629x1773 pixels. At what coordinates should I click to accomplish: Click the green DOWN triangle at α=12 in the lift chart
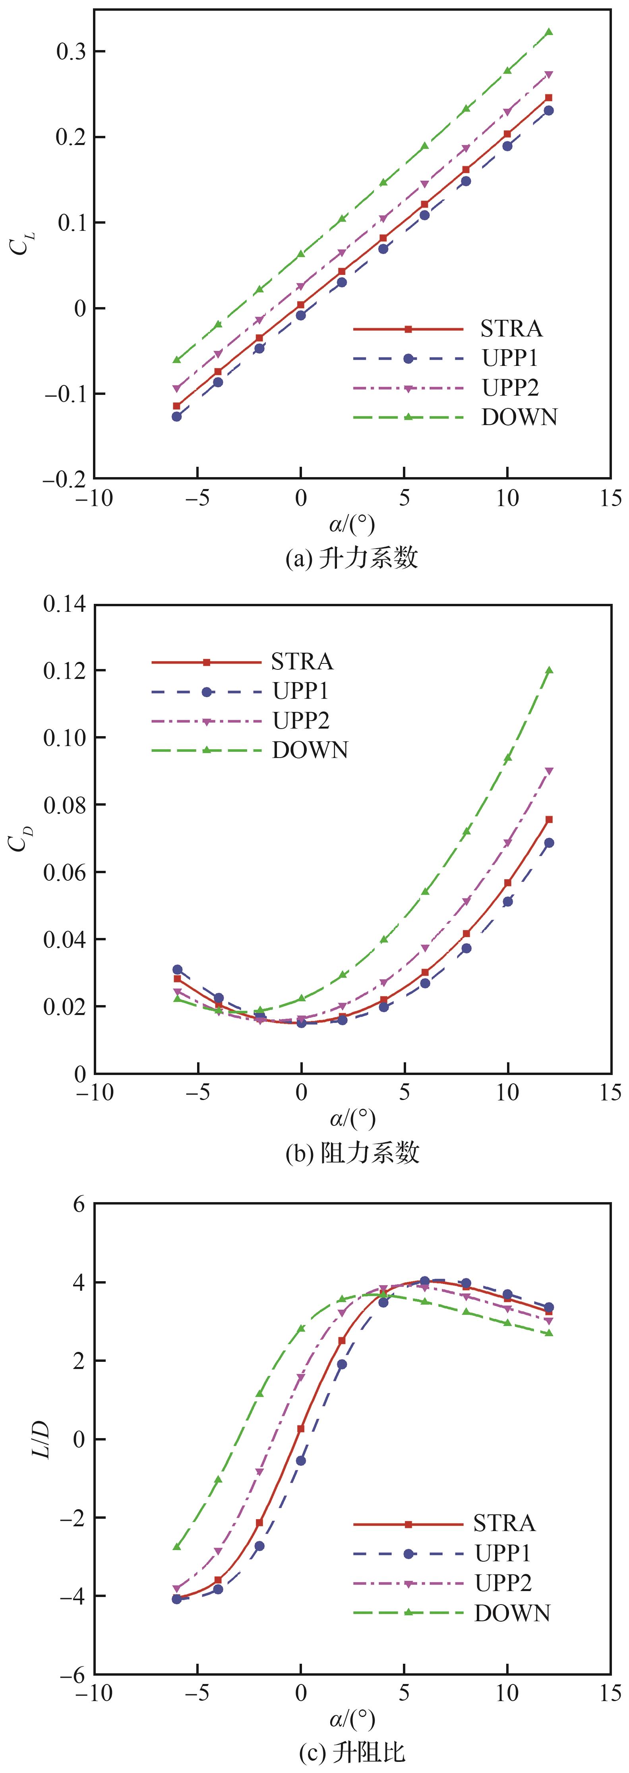click(548, 32)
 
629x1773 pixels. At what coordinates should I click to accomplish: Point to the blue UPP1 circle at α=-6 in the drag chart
click(177, 969)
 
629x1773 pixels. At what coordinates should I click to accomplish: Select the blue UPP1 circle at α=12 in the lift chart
click(548, 110)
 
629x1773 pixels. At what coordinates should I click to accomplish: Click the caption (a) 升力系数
click(352, 557)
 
